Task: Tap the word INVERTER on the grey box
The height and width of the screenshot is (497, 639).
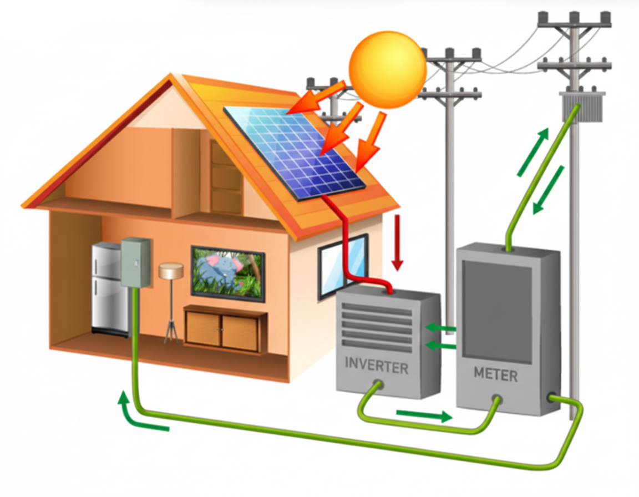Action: [377, 366]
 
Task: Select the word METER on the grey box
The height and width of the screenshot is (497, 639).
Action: [495, 375]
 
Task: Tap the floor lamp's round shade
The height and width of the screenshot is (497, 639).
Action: [171, 271]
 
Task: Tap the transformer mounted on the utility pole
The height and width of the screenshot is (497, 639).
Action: [580, 107]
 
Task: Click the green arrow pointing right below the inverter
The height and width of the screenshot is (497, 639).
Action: [425, 415]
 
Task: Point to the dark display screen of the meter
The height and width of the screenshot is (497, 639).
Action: [497, 308]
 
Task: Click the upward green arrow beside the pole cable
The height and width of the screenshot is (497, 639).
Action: [533, 151]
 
